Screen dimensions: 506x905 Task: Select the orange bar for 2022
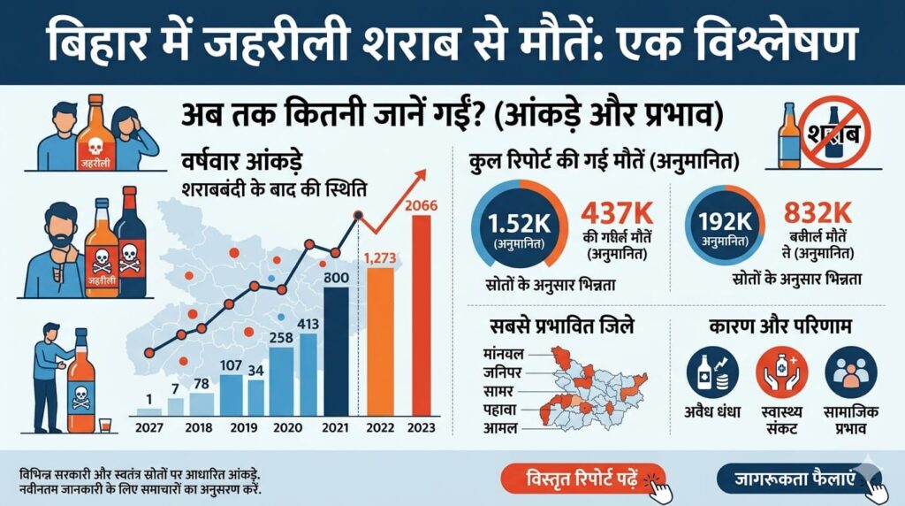(380, 341)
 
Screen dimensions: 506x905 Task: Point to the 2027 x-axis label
(149, 429)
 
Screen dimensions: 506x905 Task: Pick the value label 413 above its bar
(308, 324)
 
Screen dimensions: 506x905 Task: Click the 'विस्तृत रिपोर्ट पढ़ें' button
(582, 479)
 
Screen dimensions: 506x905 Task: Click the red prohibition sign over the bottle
(833, 134)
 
